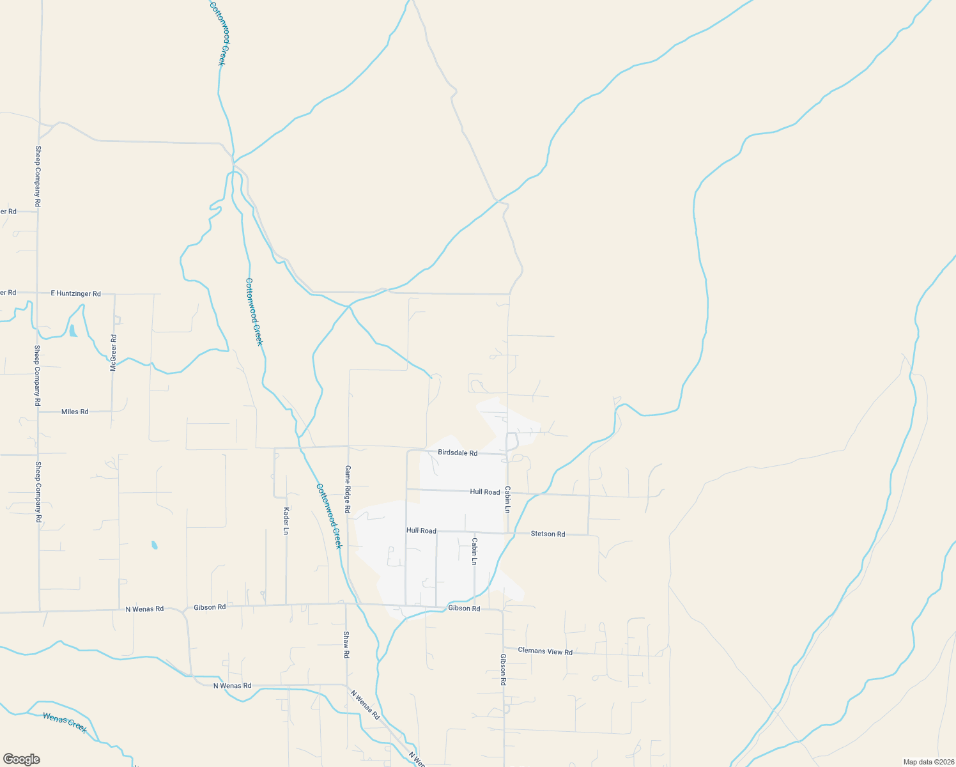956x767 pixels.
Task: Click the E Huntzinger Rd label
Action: click(75, 293)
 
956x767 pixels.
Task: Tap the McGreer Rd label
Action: click(114, 353)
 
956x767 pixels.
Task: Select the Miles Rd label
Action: click(75, 412)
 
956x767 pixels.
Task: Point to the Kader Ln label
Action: click(286, 521)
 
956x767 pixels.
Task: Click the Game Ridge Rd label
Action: click(348, 490)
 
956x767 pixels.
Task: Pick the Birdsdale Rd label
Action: click(458, 453)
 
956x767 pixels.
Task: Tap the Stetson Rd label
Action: click(548, 534)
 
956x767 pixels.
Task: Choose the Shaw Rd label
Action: click(346, 645)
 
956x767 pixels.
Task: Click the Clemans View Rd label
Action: click(545, 651)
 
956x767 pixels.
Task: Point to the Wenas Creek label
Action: click(65, 722)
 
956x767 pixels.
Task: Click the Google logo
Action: click(21, 759)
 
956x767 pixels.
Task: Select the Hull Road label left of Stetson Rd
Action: click(421, 531)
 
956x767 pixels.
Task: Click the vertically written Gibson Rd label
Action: click(504, 670)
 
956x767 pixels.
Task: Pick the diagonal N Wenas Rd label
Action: click(365, 705)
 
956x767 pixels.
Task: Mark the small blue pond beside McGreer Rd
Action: click(73, 330)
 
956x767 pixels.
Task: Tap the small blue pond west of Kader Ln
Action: click(154, 545)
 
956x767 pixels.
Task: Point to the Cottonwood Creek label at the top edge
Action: click(219, 32)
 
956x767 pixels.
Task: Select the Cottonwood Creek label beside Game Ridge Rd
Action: click(329, 516)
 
